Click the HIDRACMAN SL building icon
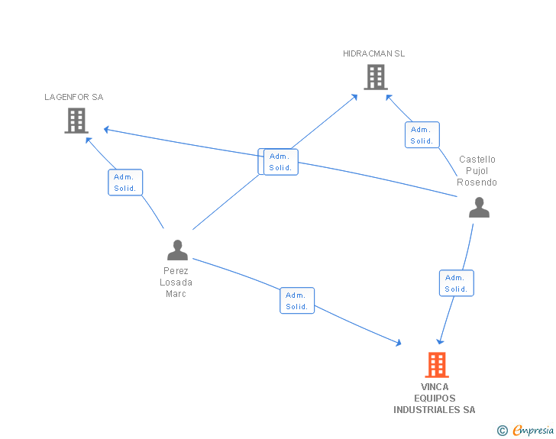[x=376, y=77]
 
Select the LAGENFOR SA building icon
[x=76, y=121]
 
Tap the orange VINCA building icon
[x=437, y=365]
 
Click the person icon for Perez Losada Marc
[x=177, y=250]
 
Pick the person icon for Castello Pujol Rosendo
[x=479, y=207]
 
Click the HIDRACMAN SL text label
[x=373, y=53]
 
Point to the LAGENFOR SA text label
[x=74, y=97]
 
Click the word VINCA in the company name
[x=435, y=387]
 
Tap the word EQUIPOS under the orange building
[x=435, y=399]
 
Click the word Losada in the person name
[x=176, y=282]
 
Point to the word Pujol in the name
[x=477, y=171]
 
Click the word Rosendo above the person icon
[x=477, y=182]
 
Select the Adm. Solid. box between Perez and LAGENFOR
[x=125, y=182]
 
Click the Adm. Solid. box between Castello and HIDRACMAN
[x=422, y=134]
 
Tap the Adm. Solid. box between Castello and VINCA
[x=457, y=283]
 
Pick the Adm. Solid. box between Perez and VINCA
[x=297, y=300]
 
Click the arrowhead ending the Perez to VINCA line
[x=399, y=343]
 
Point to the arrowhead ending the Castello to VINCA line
[x=440, y=342]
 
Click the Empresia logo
[x=525, y=430]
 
